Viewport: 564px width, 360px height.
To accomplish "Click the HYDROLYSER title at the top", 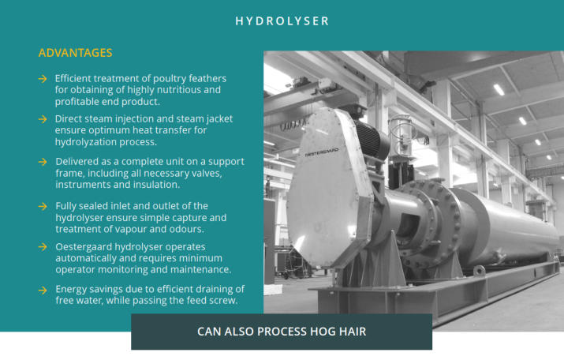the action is coord(282,21).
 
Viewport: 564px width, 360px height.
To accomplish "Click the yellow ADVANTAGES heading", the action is coord(75,53).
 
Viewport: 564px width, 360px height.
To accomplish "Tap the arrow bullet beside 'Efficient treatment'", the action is coord(43,78).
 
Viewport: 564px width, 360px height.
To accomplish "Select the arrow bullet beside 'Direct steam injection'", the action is coord(43,118).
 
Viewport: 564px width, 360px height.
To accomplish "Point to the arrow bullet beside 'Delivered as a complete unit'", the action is coord(43,162).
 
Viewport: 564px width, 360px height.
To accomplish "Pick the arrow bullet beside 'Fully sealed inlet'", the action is coord(43,206).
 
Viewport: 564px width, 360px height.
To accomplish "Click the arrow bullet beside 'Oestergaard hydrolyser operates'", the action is coord(43,247).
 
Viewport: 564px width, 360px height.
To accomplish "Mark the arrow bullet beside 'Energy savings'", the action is coord(43,290).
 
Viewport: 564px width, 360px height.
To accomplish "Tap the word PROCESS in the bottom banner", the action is coord(282,332).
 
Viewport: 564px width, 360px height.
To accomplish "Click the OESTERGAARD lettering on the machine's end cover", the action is coord(322,152).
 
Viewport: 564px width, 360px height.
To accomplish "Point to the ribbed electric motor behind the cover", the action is coord(371,141).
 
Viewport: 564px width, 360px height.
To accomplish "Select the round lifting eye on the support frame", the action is coord(479,270).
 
